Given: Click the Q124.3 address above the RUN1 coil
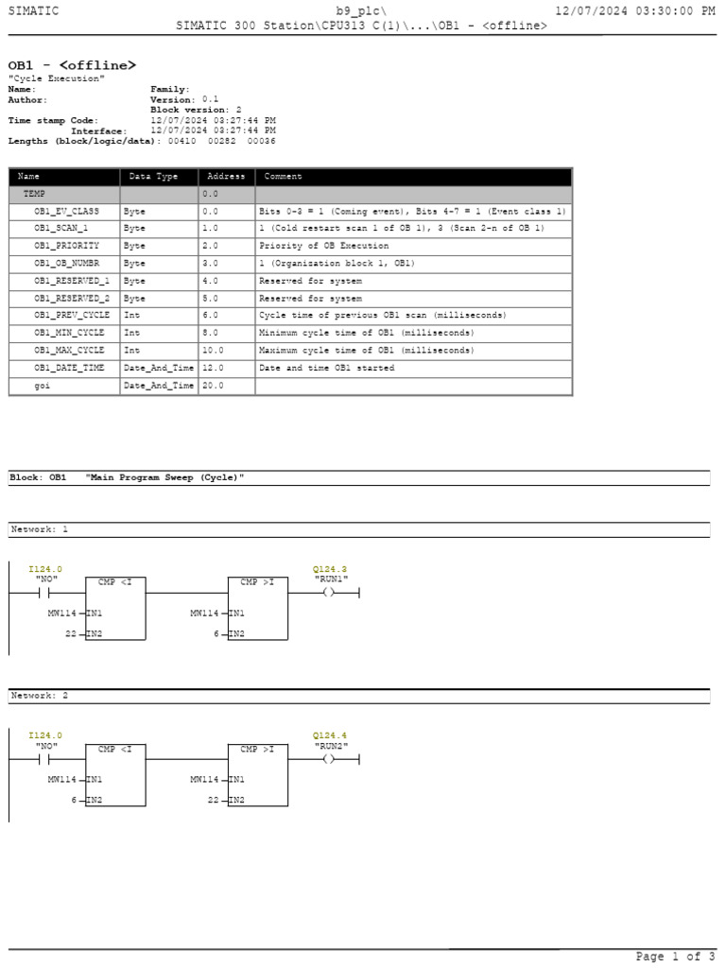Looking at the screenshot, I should point(330,569).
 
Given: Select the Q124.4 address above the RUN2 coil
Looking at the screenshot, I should point(330,735).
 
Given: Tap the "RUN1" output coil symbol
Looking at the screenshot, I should point(328,593).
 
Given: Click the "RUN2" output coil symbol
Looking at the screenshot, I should point(328,759).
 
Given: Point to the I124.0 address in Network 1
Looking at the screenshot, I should point(45,569).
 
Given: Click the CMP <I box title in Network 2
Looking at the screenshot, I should point(115,749).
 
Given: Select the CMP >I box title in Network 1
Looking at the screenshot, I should point(257,582).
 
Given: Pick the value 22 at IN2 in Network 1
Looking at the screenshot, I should point(70,633).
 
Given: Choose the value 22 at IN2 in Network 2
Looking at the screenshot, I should point(213,800).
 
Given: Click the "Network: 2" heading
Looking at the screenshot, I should point(40,696).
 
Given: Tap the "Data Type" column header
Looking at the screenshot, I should point(153,177).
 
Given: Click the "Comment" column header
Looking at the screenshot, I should point(284,177).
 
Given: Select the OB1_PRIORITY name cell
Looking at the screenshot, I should point(66,246).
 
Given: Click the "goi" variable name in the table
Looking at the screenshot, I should point(43,386).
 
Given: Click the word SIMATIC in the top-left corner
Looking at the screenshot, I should point(33,10).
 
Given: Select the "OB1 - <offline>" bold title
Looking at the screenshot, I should point(72,64).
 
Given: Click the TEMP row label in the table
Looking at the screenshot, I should point(35,194).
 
